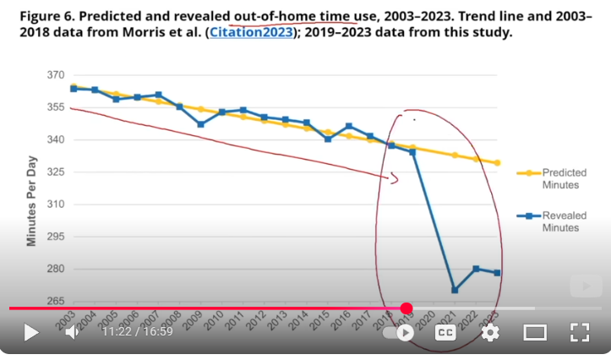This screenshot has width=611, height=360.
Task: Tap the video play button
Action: pyautogui.click(x=31, y=332)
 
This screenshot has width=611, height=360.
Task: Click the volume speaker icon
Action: pyautogui.click(x=73, y=332)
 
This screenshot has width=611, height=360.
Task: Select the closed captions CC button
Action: pyautogui.click(x=445, y=332)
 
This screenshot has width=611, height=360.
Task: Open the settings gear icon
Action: pyautogui.click(x=490, y=332)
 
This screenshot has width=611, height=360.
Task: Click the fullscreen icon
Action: pyautogui.click(x=579, y=332)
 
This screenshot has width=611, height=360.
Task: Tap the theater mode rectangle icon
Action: pyautogui.click(x=535, y=332)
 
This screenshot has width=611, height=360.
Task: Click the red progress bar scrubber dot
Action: pyautogui.click(x=406, y=308)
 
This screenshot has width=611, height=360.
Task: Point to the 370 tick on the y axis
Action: pyautogui.click(x=57, y=75)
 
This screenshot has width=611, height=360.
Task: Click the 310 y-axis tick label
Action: pyautogui.click(x=57, y=205)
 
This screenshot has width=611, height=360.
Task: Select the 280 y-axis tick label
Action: pyautogui.click(x=57, y=270)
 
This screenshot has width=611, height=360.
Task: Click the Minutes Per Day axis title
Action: pyautogui.click(x=32, y=201)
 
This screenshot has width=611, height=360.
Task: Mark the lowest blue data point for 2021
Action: pyautogui.click(x=455, y=290)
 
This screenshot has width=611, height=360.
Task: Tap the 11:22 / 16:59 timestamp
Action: pyautogui.click(x=137, y=332)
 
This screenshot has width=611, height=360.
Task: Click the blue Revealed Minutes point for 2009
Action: pyautogui.click(x=200, y=124)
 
